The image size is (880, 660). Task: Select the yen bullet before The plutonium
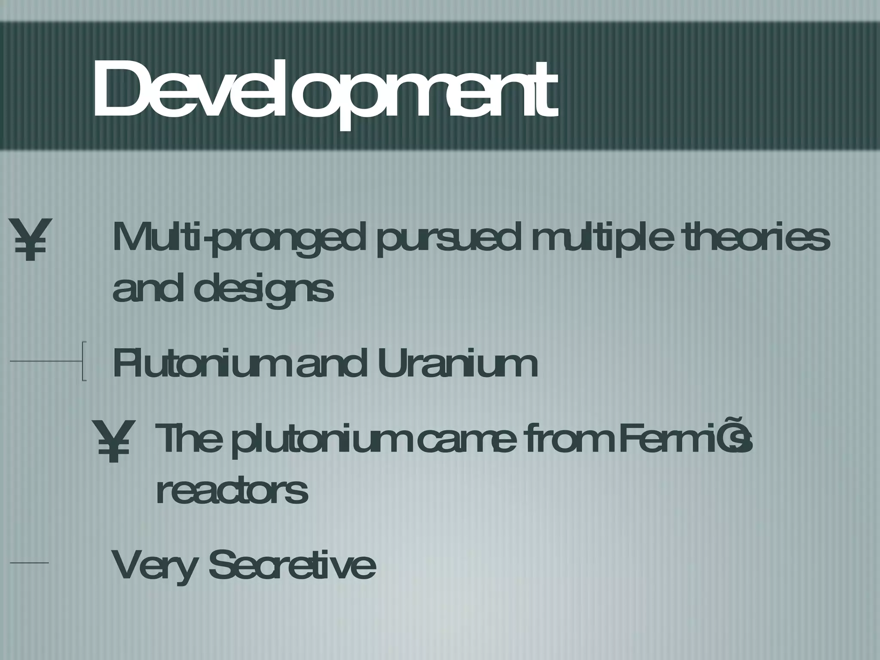click(x=113, y=441)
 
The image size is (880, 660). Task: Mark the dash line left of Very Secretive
click(x=29, y=562)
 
